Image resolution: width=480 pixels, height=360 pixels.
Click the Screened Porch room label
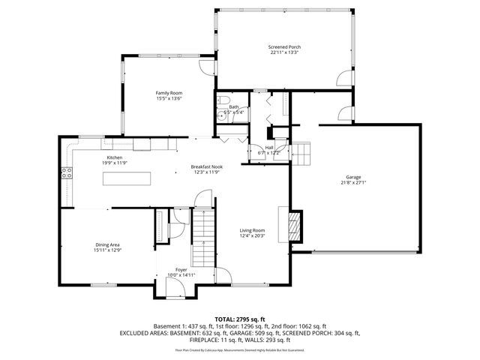(x=284, y=46)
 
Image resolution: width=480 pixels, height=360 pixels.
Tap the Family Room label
(x=169, y=93)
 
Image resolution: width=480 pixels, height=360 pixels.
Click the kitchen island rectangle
(x=127, y=178)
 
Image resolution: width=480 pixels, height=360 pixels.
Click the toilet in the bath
(x=223, y=102)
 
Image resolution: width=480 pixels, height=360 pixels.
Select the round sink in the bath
(x=222, y=116)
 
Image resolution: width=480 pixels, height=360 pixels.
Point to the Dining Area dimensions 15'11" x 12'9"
(x=108, y=250)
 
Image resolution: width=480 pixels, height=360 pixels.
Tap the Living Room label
(x=252, y=230)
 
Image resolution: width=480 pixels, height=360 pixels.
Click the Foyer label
(x=181, y=269)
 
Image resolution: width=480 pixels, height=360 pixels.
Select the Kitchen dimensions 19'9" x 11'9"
(x=114, y=163)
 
